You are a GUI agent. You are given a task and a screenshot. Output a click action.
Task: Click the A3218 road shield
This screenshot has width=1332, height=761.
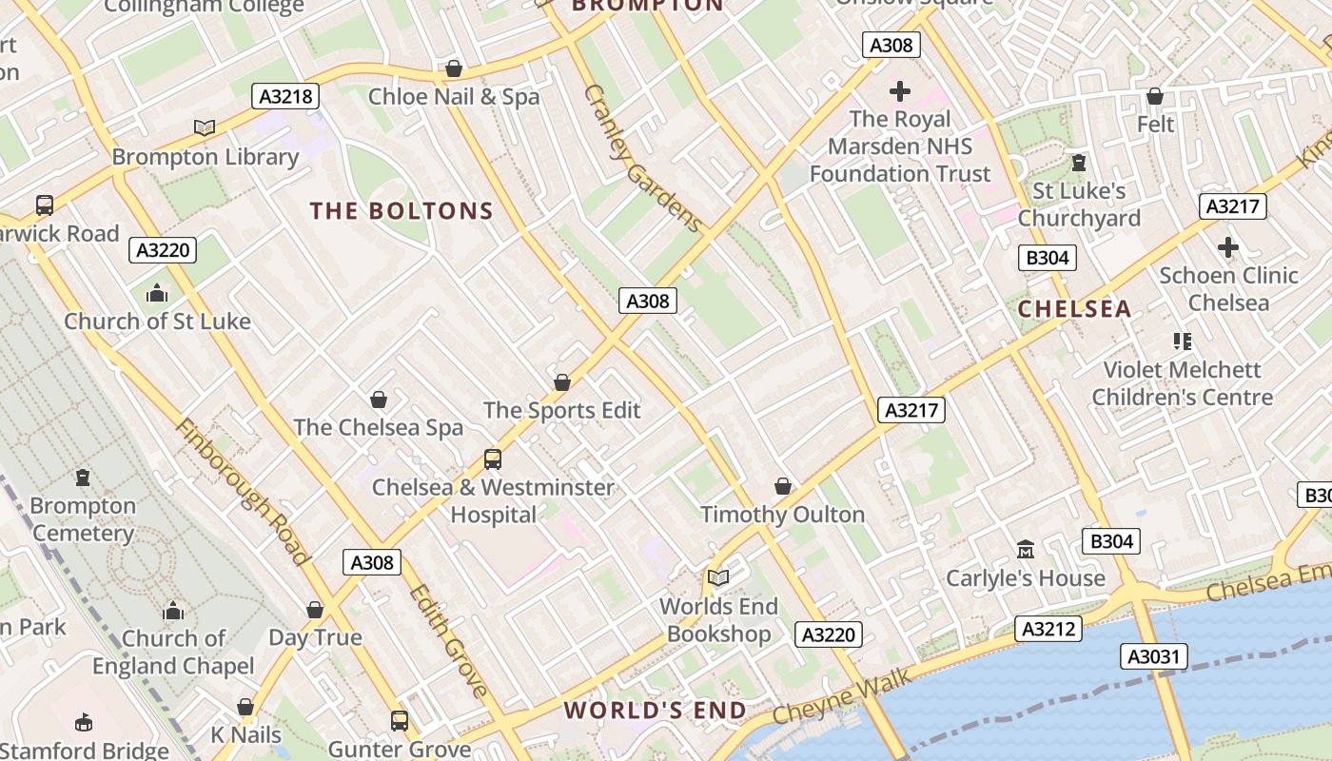[285, 96]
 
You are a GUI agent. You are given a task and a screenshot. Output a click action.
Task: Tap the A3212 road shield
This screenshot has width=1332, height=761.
[1048, 629]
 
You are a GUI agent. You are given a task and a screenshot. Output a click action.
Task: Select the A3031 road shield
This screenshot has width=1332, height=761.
[1153, 656]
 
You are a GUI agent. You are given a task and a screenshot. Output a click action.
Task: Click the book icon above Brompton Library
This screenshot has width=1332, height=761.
[205, 127]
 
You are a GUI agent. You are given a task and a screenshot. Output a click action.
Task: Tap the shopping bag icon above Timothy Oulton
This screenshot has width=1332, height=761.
[783, 487]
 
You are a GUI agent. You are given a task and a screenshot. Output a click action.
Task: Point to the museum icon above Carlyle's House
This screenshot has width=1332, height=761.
[1026, 550]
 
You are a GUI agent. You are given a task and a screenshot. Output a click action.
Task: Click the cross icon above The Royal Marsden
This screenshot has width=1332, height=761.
[900, 91]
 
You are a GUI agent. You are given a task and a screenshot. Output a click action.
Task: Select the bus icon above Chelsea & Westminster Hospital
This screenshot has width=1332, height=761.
[493, 459]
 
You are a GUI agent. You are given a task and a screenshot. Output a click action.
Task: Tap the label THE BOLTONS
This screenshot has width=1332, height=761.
[402, 211]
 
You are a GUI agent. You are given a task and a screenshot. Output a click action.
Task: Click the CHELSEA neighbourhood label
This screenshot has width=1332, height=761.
[1075, 309]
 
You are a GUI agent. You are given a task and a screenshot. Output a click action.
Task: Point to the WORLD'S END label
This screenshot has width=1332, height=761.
[656, 711]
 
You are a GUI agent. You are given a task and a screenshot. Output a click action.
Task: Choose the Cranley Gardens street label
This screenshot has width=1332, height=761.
[643, 158]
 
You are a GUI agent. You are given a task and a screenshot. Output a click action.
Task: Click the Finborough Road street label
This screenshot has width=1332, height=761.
[243, 492]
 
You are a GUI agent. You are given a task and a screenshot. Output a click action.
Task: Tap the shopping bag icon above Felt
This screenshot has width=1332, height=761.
[1155, 96]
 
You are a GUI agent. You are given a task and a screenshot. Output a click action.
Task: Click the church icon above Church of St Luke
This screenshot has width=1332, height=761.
[157, 294]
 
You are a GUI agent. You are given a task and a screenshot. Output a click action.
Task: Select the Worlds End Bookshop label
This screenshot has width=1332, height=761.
[718, 620]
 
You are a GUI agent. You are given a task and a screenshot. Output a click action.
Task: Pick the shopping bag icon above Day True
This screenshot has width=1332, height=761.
[315, 610]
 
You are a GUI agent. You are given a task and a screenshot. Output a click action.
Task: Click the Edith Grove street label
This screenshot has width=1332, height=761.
[448, 640]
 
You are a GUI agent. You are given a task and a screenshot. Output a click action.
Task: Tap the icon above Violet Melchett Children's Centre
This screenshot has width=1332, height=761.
[1183, 341]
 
